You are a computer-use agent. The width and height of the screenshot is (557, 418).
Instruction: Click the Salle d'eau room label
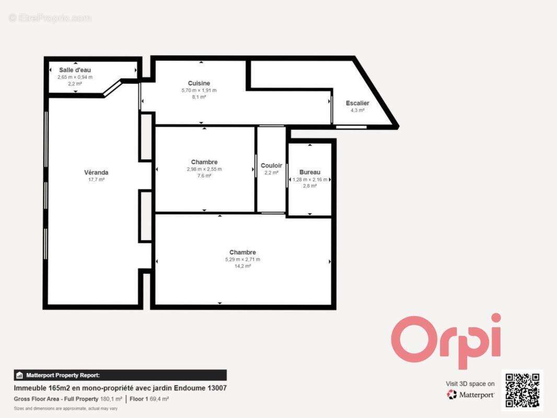pyautogui.click(x=75, y=70)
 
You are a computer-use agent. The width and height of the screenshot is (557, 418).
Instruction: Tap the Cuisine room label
pyautogui.click(x=199, y=83)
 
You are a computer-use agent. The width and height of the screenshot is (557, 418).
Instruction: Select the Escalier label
pyautogui.click(x=357, y=103)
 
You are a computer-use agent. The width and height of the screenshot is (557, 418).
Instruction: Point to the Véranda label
pyautogui.click(x=96, y=172)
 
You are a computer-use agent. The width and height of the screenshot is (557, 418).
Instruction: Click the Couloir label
pyautogui.click(x=271, y=166)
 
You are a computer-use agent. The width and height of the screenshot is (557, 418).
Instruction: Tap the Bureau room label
pyautogui.click(x=310, y=172)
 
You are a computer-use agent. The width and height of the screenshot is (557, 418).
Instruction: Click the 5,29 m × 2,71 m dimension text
pyautogui.click(x=242, y=259)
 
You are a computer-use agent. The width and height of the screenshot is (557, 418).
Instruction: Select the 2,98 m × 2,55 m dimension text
pyautogui.click(x=204, y=169)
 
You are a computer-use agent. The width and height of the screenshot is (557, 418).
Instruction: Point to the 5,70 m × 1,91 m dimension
pyautogui.click(x=199, y=90)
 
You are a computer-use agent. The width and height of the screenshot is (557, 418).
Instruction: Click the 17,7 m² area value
pyautogui.click(x=96, y=179)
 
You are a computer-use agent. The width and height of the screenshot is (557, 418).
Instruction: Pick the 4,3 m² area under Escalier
pyautogui.click(x=357, y=110)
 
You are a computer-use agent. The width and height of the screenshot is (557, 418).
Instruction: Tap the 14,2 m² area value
pyautogui.click(x=242, y=266)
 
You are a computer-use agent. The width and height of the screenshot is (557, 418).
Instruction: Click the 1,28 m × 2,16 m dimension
pyautogui.click(x=310, y=179)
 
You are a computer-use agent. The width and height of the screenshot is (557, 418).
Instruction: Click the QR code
pyautogui.click(x=522, y=390)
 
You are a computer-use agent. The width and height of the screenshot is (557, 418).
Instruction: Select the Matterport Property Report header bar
pyautogui.click(x=120, y=375)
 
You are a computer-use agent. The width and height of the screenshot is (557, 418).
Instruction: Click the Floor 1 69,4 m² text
pyautogui.click(x=149, y=399)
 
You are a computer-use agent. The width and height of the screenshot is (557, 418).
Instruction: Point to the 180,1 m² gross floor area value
pyautogui.click(x=111, y=399)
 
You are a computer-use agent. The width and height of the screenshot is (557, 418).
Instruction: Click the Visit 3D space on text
pyautogui.click(x=470, y=384)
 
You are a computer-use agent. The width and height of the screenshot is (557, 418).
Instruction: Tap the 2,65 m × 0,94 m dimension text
pyautogui.click(x=75, y=77)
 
